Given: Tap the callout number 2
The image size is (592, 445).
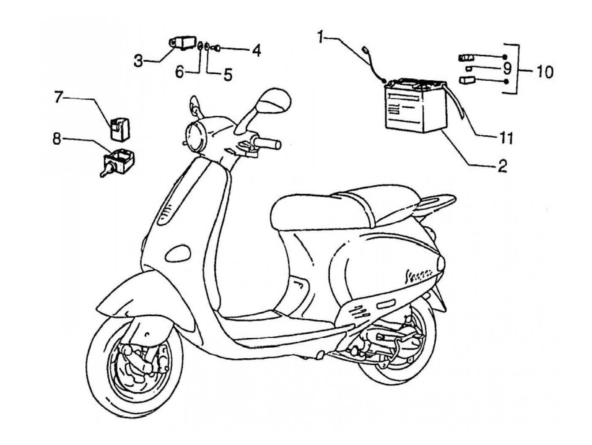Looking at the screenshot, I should coord(502,166).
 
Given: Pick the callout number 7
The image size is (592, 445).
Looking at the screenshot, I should coord(58,98).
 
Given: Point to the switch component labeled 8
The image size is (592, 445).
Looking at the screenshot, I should coord(119,162).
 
